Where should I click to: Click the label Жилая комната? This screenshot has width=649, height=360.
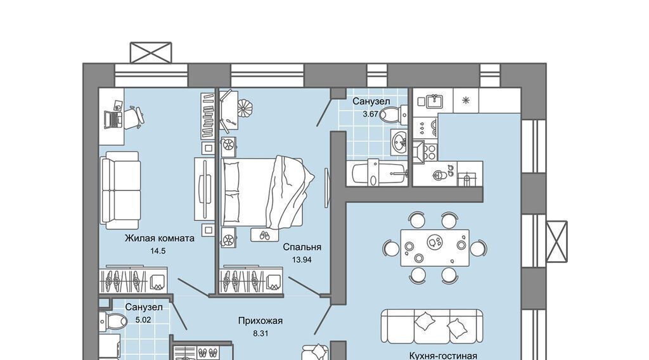[160, 238]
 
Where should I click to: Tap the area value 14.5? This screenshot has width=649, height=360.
[158, 251]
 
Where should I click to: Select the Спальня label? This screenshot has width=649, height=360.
[302, 247]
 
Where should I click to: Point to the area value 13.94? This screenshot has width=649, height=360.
[302, 260]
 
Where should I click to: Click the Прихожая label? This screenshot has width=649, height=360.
[260, 321]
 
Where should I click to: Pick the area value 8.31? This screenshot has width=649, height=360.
[260, 333]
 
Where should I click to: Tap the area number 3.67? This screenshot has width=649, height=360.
[370, 114]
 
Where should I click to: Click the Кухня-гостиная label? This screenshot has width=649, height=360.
[443, 356]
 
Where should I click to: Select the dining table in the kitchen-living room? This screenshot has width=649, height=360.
[435, 248]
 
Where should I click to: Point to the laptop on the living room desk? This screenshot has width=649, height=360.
[113, 119]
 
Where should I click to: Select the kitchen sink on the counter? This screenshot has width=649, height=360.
[434, 101]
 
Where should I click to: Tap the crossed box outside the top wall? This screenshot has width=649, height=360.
[151, 52]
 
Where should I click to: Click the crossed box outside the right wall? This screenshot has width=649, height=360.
[556, 241]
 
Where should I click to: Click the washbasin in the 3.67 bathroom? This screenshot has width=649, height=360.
[399, 142]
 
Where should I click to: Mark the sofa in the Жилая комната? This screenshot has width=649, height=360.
[120, 190]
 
